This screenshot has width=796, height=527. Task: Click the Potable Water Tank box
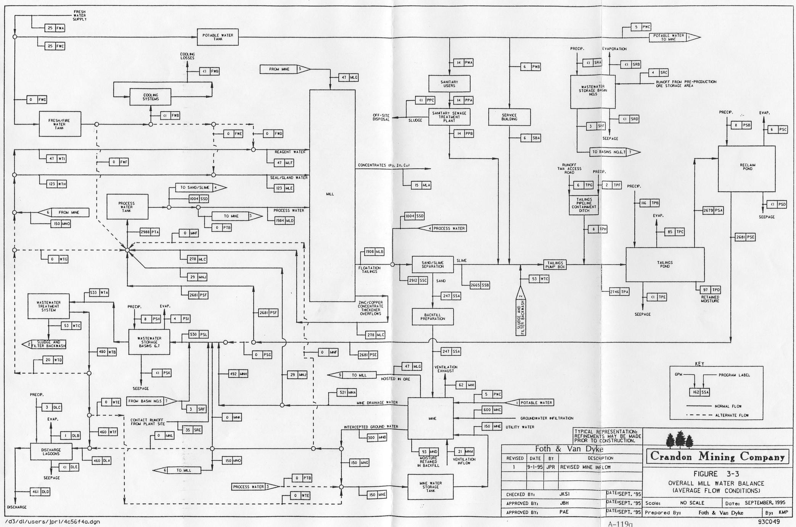[x=217, y=37]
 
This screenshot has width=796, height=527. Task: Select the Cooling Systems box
[x=151, y=97]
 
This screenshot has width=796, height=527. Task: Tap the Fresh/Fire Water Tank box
[x=60, y=124]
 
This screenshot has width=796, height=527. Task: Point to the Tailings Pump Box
[x=555, y=265]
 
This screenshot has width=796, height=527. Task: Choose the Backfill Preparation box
[x=433, y=317]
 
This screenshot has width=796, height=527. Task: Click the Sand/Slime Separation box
[x=433, y=264]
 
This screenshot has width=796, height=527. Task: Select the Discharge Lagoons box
[x=51, y=452]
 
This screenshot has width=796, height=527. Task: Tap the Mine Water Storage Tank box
[x=431, y=487]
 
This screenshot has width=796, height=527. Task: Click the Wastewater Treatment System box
[x=48, y=306]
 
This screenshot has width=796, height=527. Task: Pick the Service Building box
[x=509, y=117]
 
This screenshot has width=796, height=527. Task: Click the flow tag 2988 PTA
[x=150, y=232]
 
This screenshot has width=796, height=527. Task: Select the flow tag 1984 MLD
[x=284, y=220]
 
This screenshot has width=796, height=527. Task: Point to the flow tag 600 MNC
[x=492, y=410]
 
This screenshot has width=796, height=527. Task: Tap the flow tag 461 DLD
[x=40, y=491]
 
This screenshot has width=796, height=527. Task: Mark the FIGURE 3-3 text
[x=716, y=474]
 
